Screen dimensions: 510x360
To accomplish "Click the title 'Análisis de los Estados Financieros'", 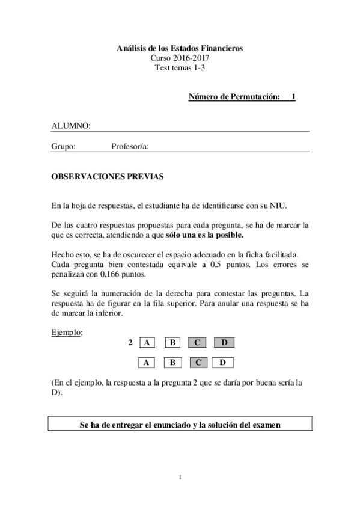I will click(x=180, y=48).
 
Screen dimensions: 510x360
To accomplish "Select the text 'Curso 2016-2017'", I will click(x=180, y=58).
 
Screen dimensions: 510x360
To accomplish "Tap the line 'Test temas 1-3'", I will click(x=180, y=67).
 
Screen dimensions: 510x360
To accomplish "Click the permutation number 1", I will click(x=293, y=96).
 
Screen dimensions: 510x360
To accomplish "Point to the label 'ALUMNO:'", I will click(x=71, y=126).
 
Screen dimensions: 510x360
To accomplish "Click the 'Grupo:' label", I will click(x=63, y=146).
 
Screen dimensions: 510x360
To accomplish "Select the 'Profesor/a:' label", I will click(x=130, y=146).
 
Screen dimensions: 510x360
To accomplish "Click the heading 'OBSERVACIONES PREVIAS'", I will click(x=107, y=178).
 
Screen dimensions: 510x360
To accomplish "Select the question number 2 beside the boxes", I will click(x=130, y=343).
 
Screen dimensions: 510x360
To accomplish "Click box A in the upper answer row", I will click(x=147, y=343).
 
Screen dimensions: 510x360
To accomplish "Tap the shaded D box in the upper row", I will click(x=224, y=343).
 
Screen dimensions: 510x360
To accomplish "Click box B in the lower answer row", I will click(x=172, y=363).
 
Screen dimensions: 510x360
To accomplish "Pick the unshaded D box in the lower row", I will click(x=223, y=363).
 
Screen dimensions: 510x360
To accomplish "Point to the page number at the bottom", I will click(x=180, y=478).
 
